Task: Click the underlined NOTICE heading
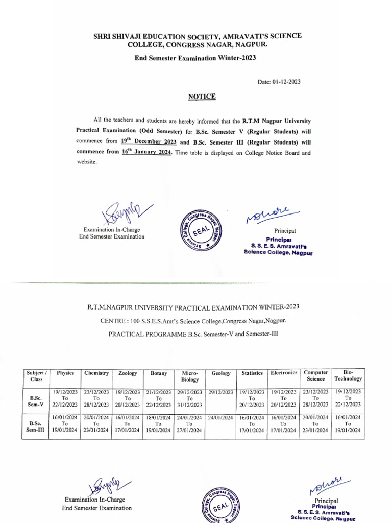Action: (x=202, y=97)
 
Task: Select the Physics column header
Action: (x=65, y=373)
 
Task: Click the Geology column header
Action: (x=220, y=373)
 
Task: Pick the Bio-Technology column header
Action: (x=348, y=376)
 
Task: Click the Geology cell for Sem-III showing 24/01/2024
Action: (x=220, y=418)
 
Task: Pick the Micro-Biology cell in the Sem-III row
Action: (x=189, y=424)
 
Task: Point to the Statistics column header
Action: (x=252, y=373)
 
